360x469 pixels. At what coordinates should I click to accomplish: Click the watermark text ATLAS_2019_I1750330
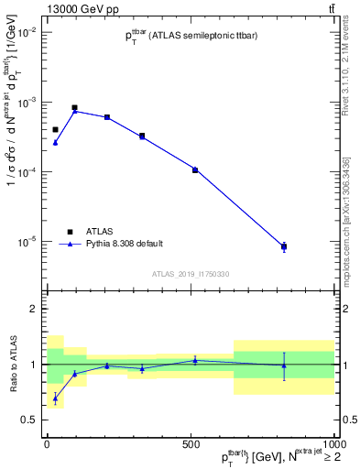(x=191, y=274)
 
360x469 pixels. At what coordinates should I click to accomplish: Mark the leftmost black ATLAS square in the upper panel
(x=55, y=130)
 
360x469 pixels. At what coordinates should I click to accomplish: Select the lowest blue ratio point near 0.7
(x=55, y=398)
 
